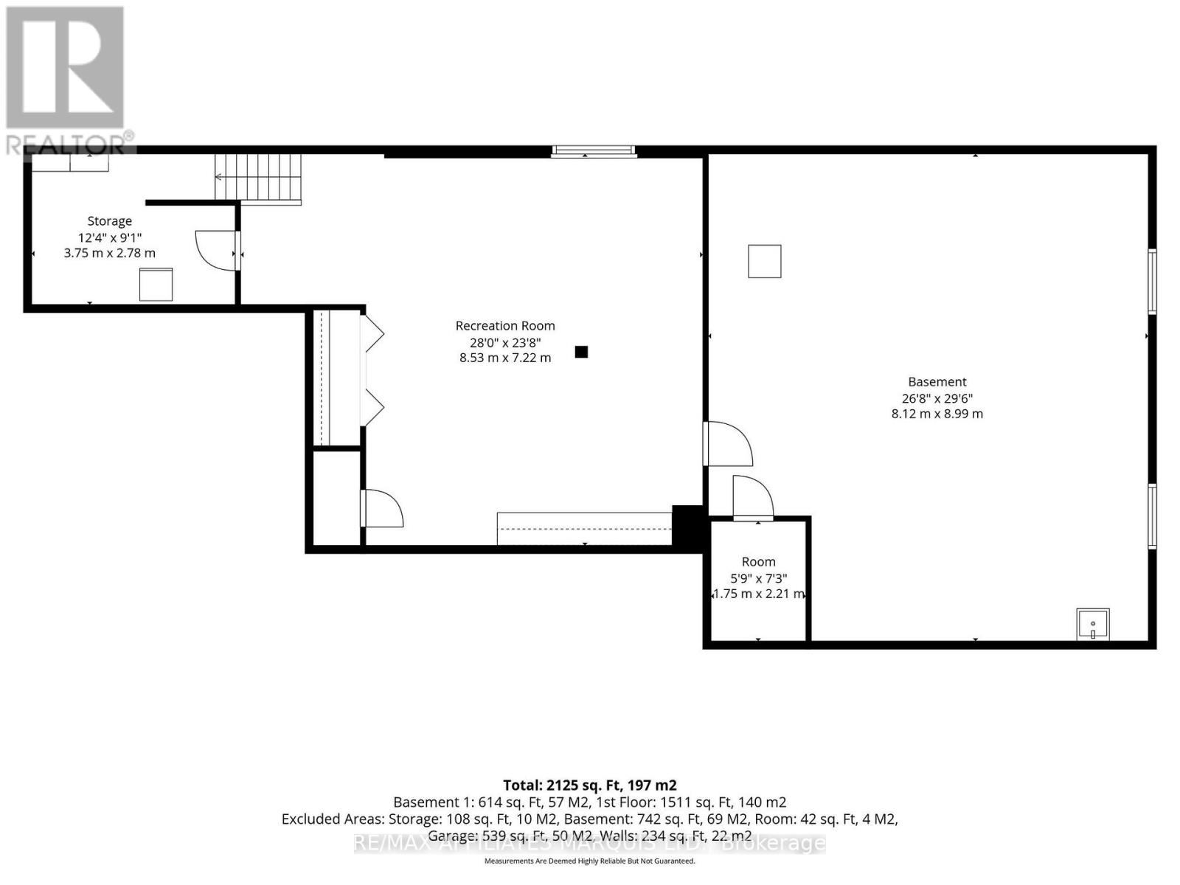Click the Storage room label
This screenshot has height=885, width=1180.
tap(109, 221)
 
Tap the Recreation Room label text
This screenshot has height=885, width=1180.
tap(505, 326)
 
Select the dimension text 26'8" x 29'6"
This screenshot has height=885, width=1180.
tap(937, 398)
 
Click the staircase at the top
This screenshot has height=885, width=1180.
tap(258, 178)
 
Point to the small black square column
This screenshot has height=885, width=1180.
tap(581, 352)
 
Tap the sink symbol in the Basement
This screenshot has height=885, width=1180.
tap(1092, 625)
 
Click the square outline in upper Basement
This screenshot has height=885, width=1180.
tap(764, 261)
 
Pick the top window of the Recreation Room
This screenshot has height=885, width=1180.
tap(594, 151)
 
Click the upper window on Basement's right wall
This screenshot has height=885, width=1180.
tap(1151, 282)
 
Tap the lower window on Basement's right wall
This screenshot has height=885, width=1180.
tap(1151, 516)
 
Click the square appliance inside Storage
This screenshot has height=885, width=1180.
tap(156, 284)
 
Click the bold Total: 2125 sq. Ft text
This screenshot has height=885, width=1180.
tap(589, 785)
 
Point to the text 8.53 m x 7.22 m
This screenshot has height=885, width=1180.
tap(505, 358)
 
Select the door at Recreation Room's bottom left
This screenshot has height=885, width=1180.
tap(382, 509)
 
